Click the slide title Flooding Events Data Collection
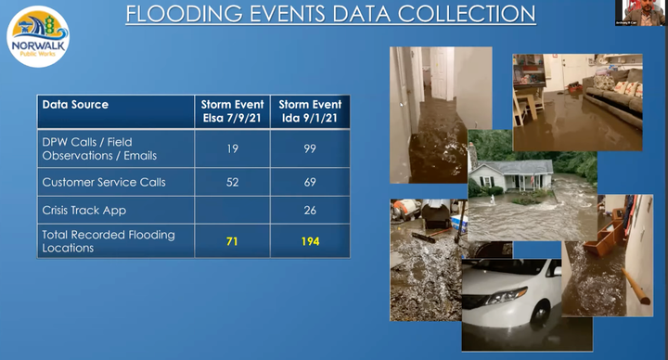tap(330, 14)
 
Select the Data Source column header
tap(75, 105)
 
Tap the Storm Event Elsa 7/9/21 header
tap(232, 111)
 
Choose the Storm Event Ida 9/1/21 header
tap(309, 111)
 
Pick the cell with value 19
tap(232, 148)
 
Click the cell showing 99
tap(309, 148)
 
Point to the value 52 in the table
tap(232, 182)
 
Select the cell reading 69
tap(309, 182)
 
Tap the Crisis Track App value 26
tap(309, 211)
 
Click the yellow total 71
tap(232, 241)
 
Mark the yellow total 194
tap(309, 241)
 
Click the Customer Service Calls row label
tap(104, 182)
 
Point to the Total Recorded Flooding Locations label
tap(109, 241)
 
